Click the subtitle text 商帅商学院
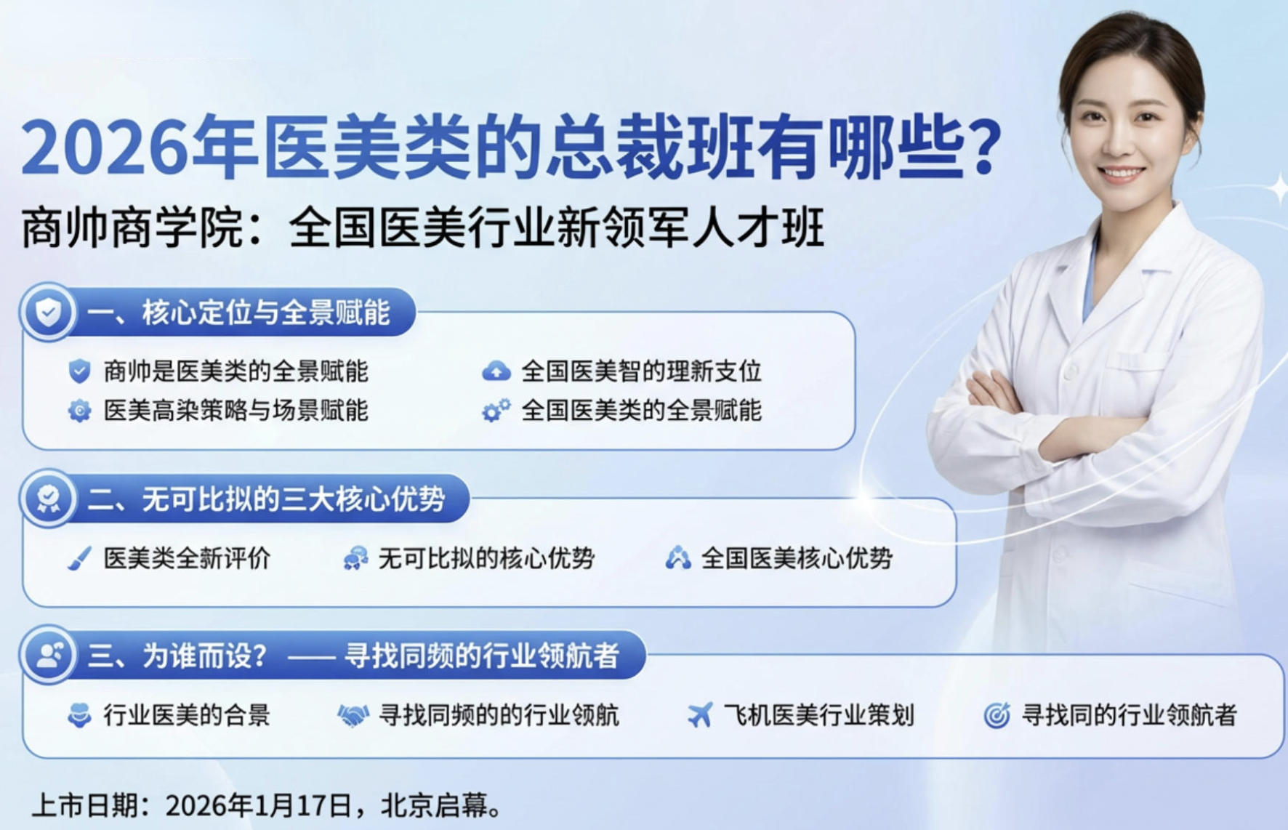pyautogui.click(x=132, y=227)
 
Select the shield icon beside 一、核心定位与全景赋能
pyautogui.click(x=48, y=313)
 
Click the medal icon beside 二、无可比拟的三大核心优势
pyautogui.click(x=48, y=499)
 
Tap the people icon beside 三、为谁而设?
pyautogui.click(x=48, y=656)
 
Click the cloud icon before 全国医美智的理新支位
pyautogui.click(x=496, y=371)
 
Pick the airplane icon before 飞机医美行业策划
pyautogui.click(x=699, y=715)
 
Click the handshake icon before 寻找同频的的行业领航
pyautogui.click(x=353, y=716)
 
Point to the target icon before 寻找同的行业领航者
pyautogui.click(x=997, y=716)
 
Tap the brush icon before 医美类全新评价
pyautogui.click(x=79, y=559)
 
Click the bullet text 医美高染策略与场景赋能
pyautogui.click(x=236, y=411)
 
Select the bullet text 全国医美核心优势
pyautogui.click(x=796, y=558)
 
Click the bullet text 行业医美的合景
pyautogui.click(x=186, y=715)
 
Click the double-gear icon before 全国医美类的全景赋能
pyautogui.click(x=496, y=411)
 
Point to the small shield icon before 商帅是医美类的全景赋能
pyautogui.click(x=79, y=371)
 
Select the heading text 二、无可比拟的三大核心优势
pyautogui.click(x=266, y=499)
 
